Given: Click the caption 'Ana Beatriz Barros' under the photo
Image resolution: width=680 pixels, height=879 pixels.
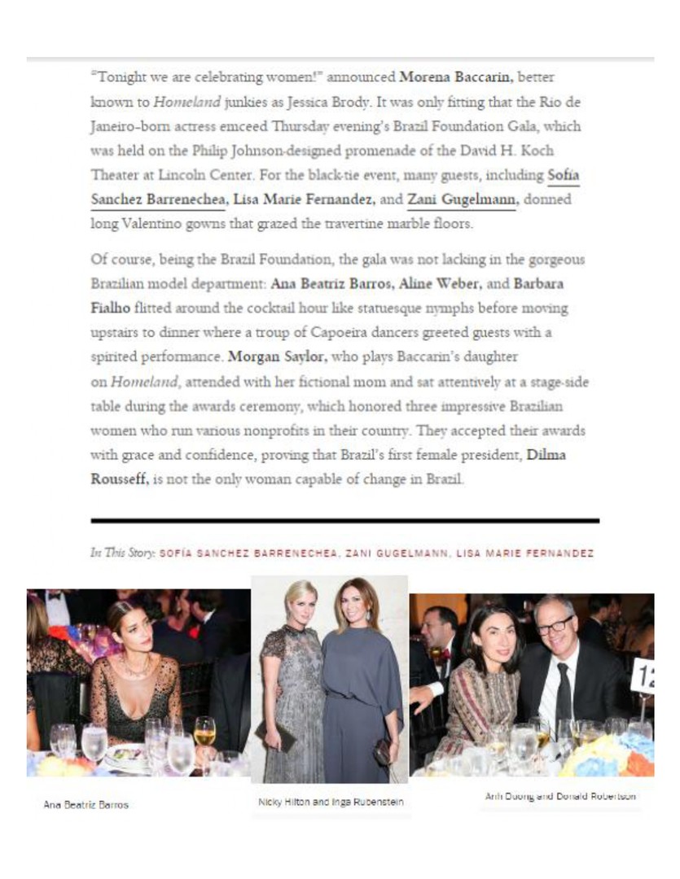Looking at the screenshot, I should tap(86, 804).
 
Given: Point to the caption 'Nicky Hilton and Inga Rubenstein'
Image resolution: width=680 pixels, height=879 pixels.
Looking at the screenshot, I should tap(330, 802).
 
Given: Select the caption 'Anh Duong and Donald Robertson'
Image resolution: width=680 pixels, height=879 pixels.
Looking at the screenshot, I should tap(560, 796).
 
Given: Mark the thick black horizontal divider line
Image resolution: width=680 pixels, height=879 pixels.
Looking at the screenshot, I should tap(344, 520).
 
